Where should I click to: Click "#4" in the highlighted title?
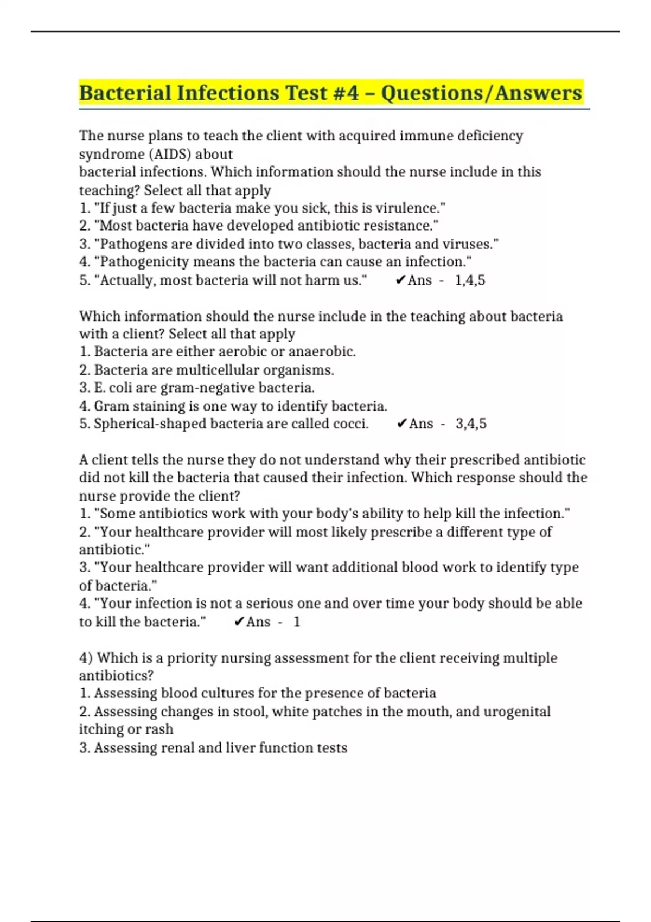[345, 93]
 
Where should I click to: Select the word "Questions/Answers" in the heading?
[482, 93]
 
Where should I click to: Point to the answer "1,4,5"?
[470, 280]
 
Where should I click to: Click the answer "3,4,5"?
[471, 424]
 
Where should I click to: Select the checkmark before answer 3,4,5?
[401, 424]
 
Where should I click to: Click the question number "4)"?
[86, 658]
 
